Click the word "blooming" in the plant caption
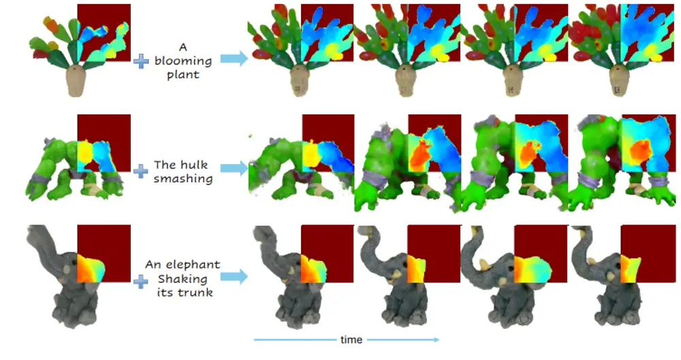[x=183, y=61]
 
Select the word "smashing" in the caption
[x=183, y=178]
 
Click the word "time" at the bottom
[x=351, y=340]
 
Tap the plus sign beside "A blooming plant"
[x=141, y=61]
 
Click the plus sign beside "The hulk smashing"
[x=141, y=171]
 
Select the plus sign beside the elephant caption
[x=141, y=282]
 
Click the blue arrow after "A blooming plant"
[x=234, y=59]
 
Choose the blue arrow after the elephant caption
[x=234, y=276]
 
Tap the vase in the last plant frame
[x=619, y=81]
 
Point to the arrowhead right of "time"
[x=436, y=340]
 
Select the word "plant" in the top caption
[x=183, y=74]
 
